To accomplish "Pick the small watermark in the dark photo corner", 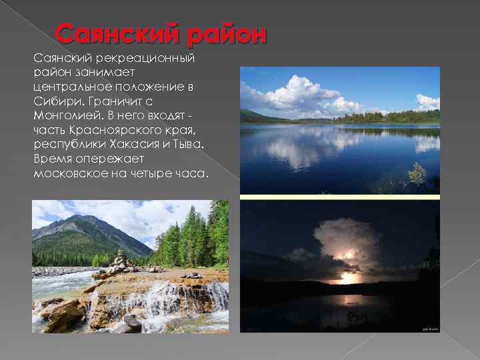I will click(x=431, y=328).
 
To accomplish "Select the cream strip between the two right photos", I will click(x=340, y=197).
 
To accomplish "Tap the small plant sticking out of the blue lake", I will click(x=418, y=174).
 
